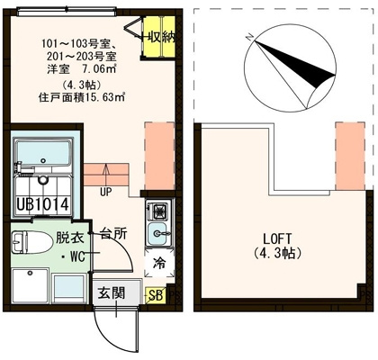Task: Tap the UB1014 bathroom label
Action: coord(43,204)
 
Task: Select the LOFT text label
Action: coord(277,239)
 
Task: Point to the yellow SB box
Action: coord(156,294)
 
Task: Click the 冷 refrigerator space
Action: coord(159,264)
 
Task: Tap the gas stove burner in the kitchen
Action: coord(158,211)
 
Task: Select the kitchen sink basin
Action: coord(158,233)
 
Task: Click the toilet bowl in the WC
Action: coord(31,242)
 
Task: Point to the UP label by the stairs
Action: coord(105,192)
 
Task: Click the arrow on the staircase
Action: coord(105,175)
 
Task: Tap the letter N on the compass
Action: coord(249,37)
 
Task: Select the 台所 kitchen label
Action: coord(113,234)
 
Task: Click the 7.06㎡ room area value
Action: coord(99,69)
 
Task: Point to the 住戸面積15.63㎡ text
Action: coord(82,98)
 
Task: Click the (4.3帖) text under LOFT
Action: coord(277,254)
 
